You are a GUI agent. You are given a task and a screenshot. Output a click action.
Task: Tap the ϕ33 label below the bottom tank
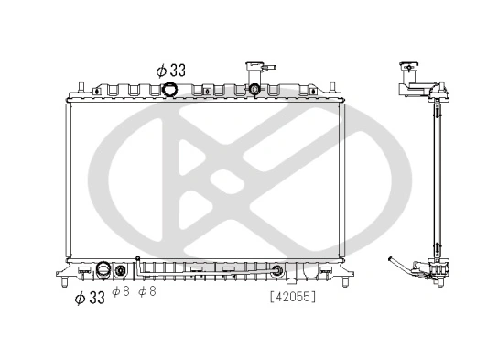click(91, 296)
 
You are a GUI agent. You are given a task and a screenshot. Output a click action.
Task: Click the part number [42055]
click(294, 296)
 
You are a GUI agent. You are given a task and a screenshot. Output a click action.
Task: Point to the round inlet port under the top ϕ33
click(173, 89)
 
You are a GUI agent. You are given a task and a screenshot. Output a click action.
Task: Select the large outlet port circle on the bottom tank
click(103, 270)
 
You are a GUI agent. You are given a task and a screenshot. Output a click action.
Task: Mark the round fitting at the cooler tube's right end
click(276, 270)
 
